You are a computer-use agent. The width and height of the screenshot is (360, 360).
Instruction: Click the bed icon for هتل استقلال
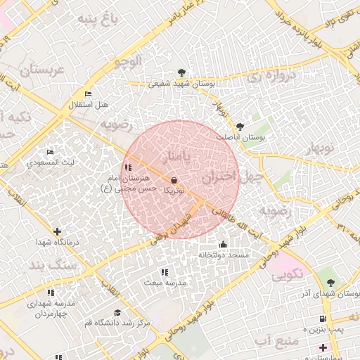coord(88,94)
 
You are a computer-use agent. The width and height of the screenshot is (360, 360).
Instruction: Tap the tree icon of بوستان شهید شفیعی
coord(182,72)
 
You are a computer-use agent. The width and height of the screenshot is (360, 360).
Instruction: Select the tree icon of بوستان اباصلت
coord(240,127)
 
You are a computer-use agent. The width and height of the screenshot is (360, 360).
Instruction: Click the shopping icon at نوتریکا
coord(174,180)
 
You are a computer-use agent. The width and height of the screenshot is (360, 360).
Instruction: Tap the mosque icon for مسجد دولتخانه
coord(224,244)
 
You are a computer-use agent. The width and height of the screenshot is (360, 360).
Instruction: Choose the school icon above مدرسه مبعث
coord(165,271)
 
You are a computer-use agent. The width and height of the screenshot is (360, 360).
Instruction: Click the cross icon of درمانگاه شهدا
coord(57,231)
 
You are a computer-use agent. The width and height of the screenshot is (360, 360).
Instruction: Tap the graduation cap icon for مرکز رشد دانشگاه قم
coord(117,312)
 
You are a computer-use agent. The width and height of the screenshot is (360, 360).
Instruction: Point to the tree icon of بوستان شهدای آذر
coord(330,282)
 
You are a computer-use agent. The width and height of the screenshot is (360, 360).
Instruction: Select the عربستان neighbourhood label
coord(41,70)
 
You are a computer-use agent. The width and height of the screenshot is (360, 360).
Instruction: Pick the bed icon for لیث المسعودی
coord(50,152)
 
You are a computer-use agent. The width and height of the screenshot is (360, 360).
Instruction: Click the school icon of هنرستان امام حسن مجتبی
coord(127,167)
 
